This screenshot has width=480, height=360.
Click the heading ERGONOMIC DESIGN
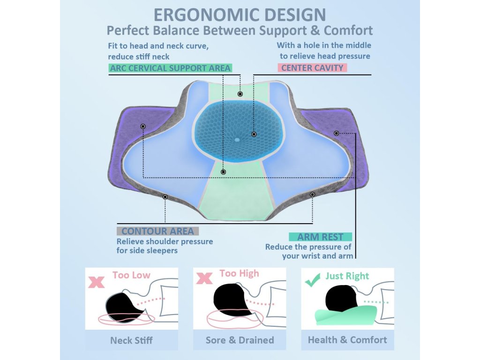point(240,14)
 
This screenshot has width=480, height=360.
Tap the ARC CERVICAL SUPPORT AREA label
point(170,68)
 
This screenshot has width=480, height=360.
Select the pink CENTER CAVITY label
point(312,68)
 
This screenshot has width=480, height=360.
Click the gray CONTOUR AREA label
point(157,231)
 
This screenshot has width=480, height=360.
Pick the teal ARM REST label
point(320,237)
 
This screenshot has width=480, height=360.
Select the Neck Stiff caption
point(131,340)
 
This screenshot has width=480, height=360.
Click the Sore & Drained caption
point(240,340)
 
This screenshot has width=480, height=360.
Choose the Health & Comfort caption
point(347,340)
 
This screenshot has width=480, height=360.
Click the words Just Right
point(347,276)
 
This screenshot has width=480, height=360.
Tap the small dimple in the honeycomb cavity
point(237,140)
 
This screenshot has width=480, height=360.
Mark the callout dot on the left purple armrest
point(143,127)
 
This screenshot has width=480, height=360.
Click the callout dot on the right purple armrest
point(337,133)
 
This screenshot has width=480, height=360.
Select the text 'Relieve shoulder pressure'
point(165,241)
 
